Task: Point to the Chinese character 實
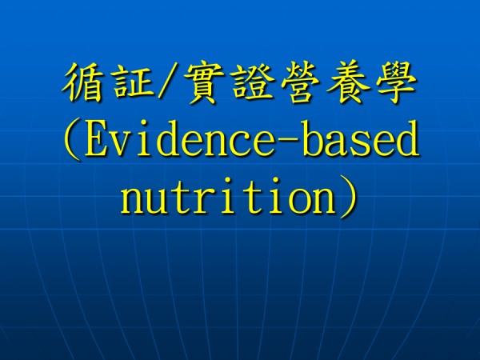(202, 82)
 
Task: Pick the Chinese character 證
(252, 82)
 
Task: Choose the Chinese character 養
(348, 82)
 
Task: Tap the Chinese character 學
(397, 82)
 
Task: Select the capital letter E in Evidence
(98, 139)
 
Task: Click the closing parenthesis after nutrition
(348, 197)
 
